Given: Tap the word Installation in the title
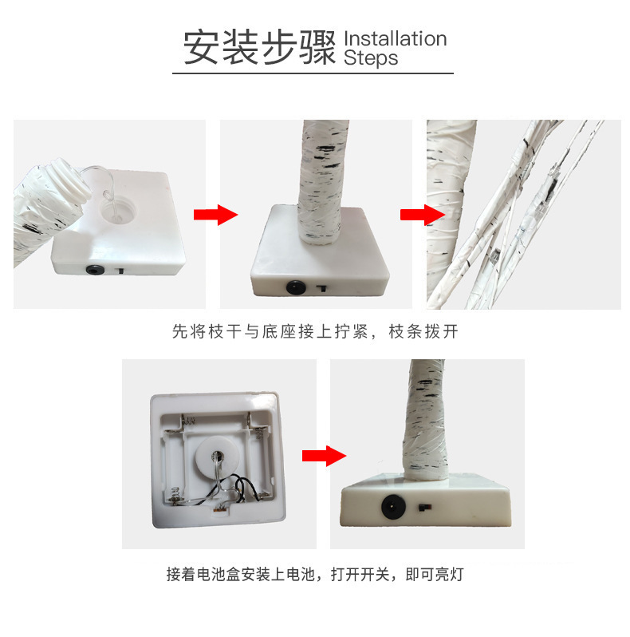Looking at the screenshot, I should coord(395,38).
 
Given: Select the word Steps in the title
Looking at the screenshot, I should coord(370,58).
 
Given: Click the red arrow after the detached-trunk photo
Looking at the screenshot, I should coord(215,215).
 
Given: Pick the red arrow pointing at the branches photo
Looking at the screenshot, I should coord(421,215).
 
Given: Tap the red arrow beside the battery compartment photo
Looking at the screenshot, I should coord(324,456).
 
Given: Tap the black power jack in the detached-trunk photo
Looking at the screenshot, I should coord(96,270).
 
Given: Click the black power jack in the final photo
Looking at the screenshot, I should coord(393,506).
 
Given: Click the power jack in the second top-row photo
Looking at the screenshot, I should coord(294,285).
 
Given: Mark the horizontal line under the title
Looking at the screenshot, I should coord(313,73).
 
